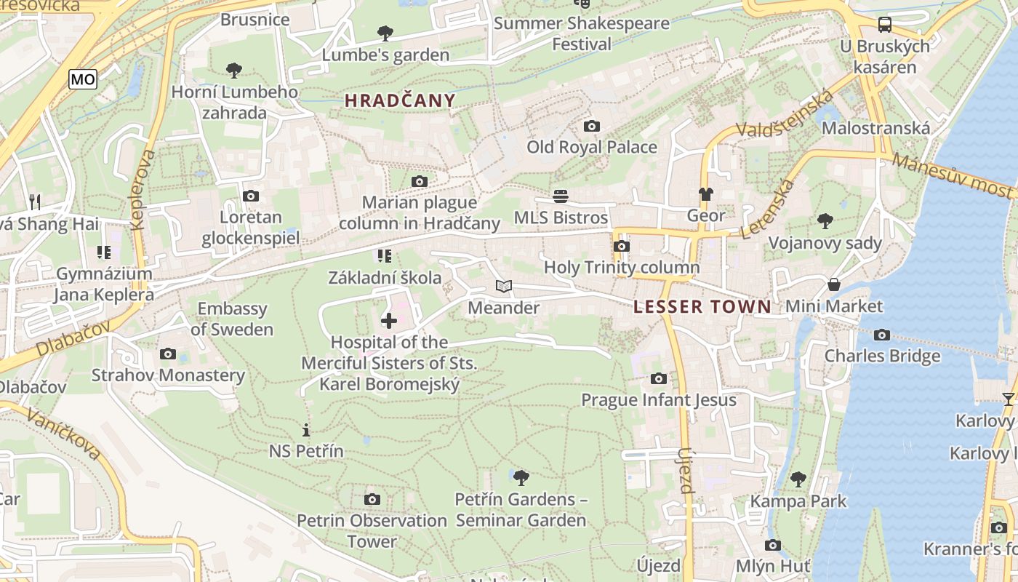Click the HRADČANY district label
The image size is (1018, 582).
[400, 101]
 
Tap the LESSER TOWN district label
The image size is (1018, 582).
[702, 307]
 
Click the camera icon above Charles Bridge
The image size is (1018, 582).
[882, 335]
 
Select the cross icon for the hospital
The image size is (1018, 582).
[389, 320]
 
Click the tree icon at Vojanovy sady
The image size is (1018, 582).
[825, 221]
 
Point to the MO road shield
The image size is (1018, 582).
[83, 79]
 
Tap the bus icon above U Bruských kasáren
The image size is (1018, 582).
[885, 25]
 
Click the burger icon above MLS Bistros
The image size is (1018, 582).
[560, 196]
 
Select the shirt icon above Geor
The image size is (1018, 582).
[706, 194]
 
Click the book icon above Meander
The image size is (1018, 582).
[504, 287]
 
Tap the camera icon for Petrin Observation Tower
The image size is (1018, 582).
[372, 499]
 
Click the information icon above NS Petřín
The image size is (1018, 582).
[306, 430]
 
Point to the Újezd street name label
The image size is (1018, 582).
[686, 471]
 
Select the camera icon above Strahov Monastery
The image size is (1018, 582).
[168, 354]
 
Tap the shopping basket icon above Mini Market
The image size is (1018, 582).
[833, 284]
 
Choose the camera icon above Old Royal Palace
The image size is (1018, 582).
[592, 126]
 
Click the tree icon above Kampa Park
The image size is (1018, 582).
[798, 479]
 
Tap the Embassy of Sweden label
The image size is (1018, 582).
[232, 319]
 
